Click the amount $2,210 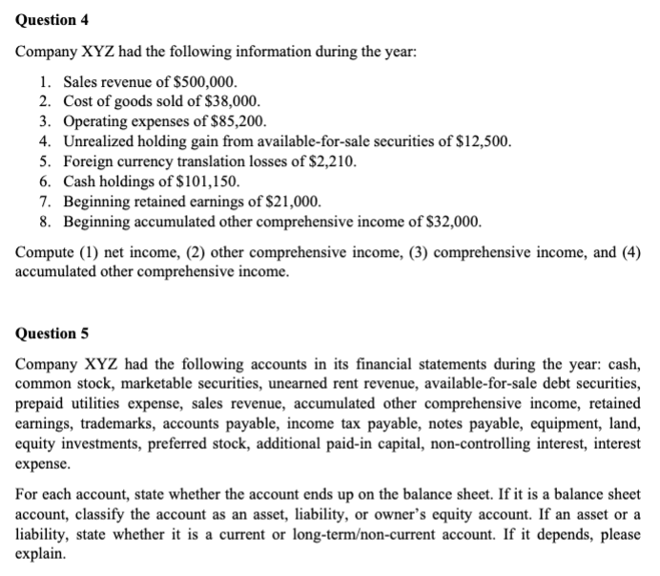click(330, 161)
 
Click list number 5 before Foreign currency click(45, 161)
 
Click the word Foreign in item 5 click(89, 161)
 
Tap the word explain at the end click(41, 552)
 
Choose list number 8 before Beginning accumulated click(45, 222)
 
